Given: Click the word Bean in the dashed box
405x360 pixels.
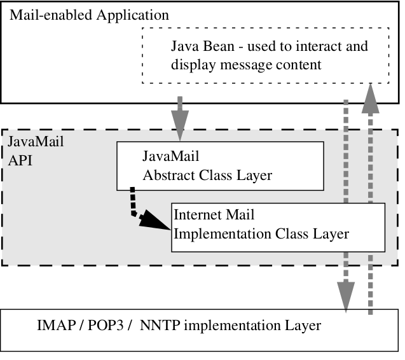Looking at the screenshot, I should tap(212, 47).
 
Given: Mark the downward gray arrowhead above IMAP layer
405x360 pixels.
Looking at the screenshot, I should tap(346, 299).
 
